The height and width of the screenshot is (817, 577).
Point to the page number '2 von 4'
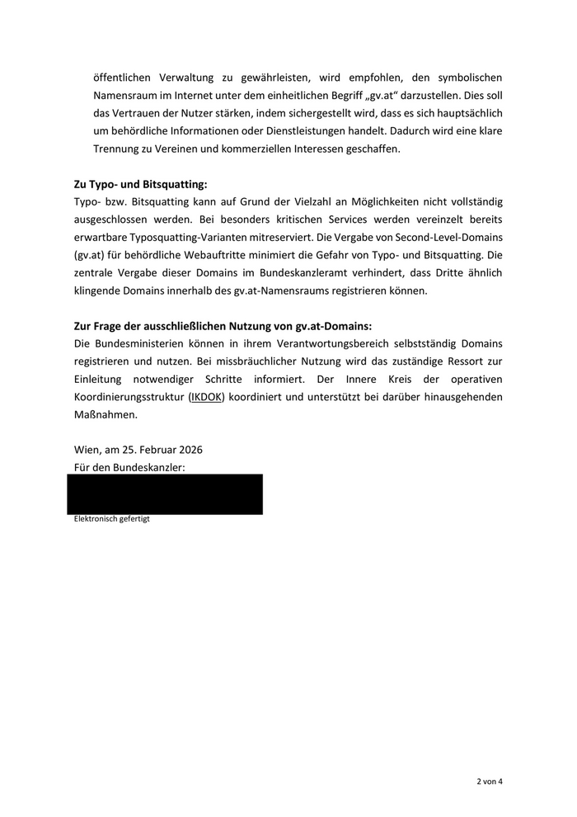click(x=489, y=782)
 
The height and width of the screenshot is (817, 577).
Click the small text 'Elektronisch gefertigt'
click(x=112, y=519)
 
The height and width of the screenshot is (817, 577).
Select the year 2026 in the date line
click(x=189, y=451)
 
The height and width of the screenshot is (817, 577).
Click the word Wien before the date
click(x=87, y=451)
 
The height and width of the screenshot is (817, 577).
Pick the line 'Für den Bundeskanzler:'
click(x=129, y=468)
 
